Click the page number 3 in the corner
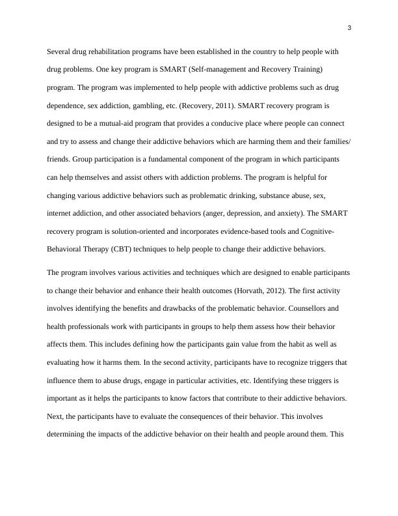click(x=349, y=27)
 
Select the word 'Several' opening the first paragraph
click(x=60, y=51)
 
